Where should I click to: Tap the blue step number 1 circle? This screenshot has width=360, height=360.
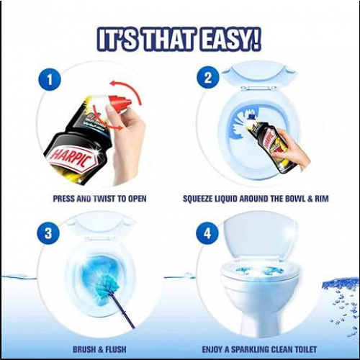pyautogui.click(x=50, y=80)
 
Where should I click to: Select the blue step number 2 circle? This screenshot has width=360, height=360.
pyautogui.click(x=208, y=78)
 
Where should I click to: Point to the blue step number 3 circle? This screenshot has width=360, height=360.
pyautogui.click(x=48, y=233)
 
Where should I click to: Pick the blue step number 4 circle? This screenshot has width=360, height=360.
pyautogui.click(x=207, y=233)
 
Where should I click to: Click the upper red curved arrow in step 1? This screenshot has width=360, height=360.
pyautogui.click(x=126, y=92)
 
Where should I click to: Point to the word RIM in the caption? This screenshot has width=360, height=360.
pyautogui.click(x=321, y=199)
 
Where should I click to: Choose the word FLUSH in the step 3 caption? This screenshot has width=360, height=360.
pyautogui.click(x=115, y=349)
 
